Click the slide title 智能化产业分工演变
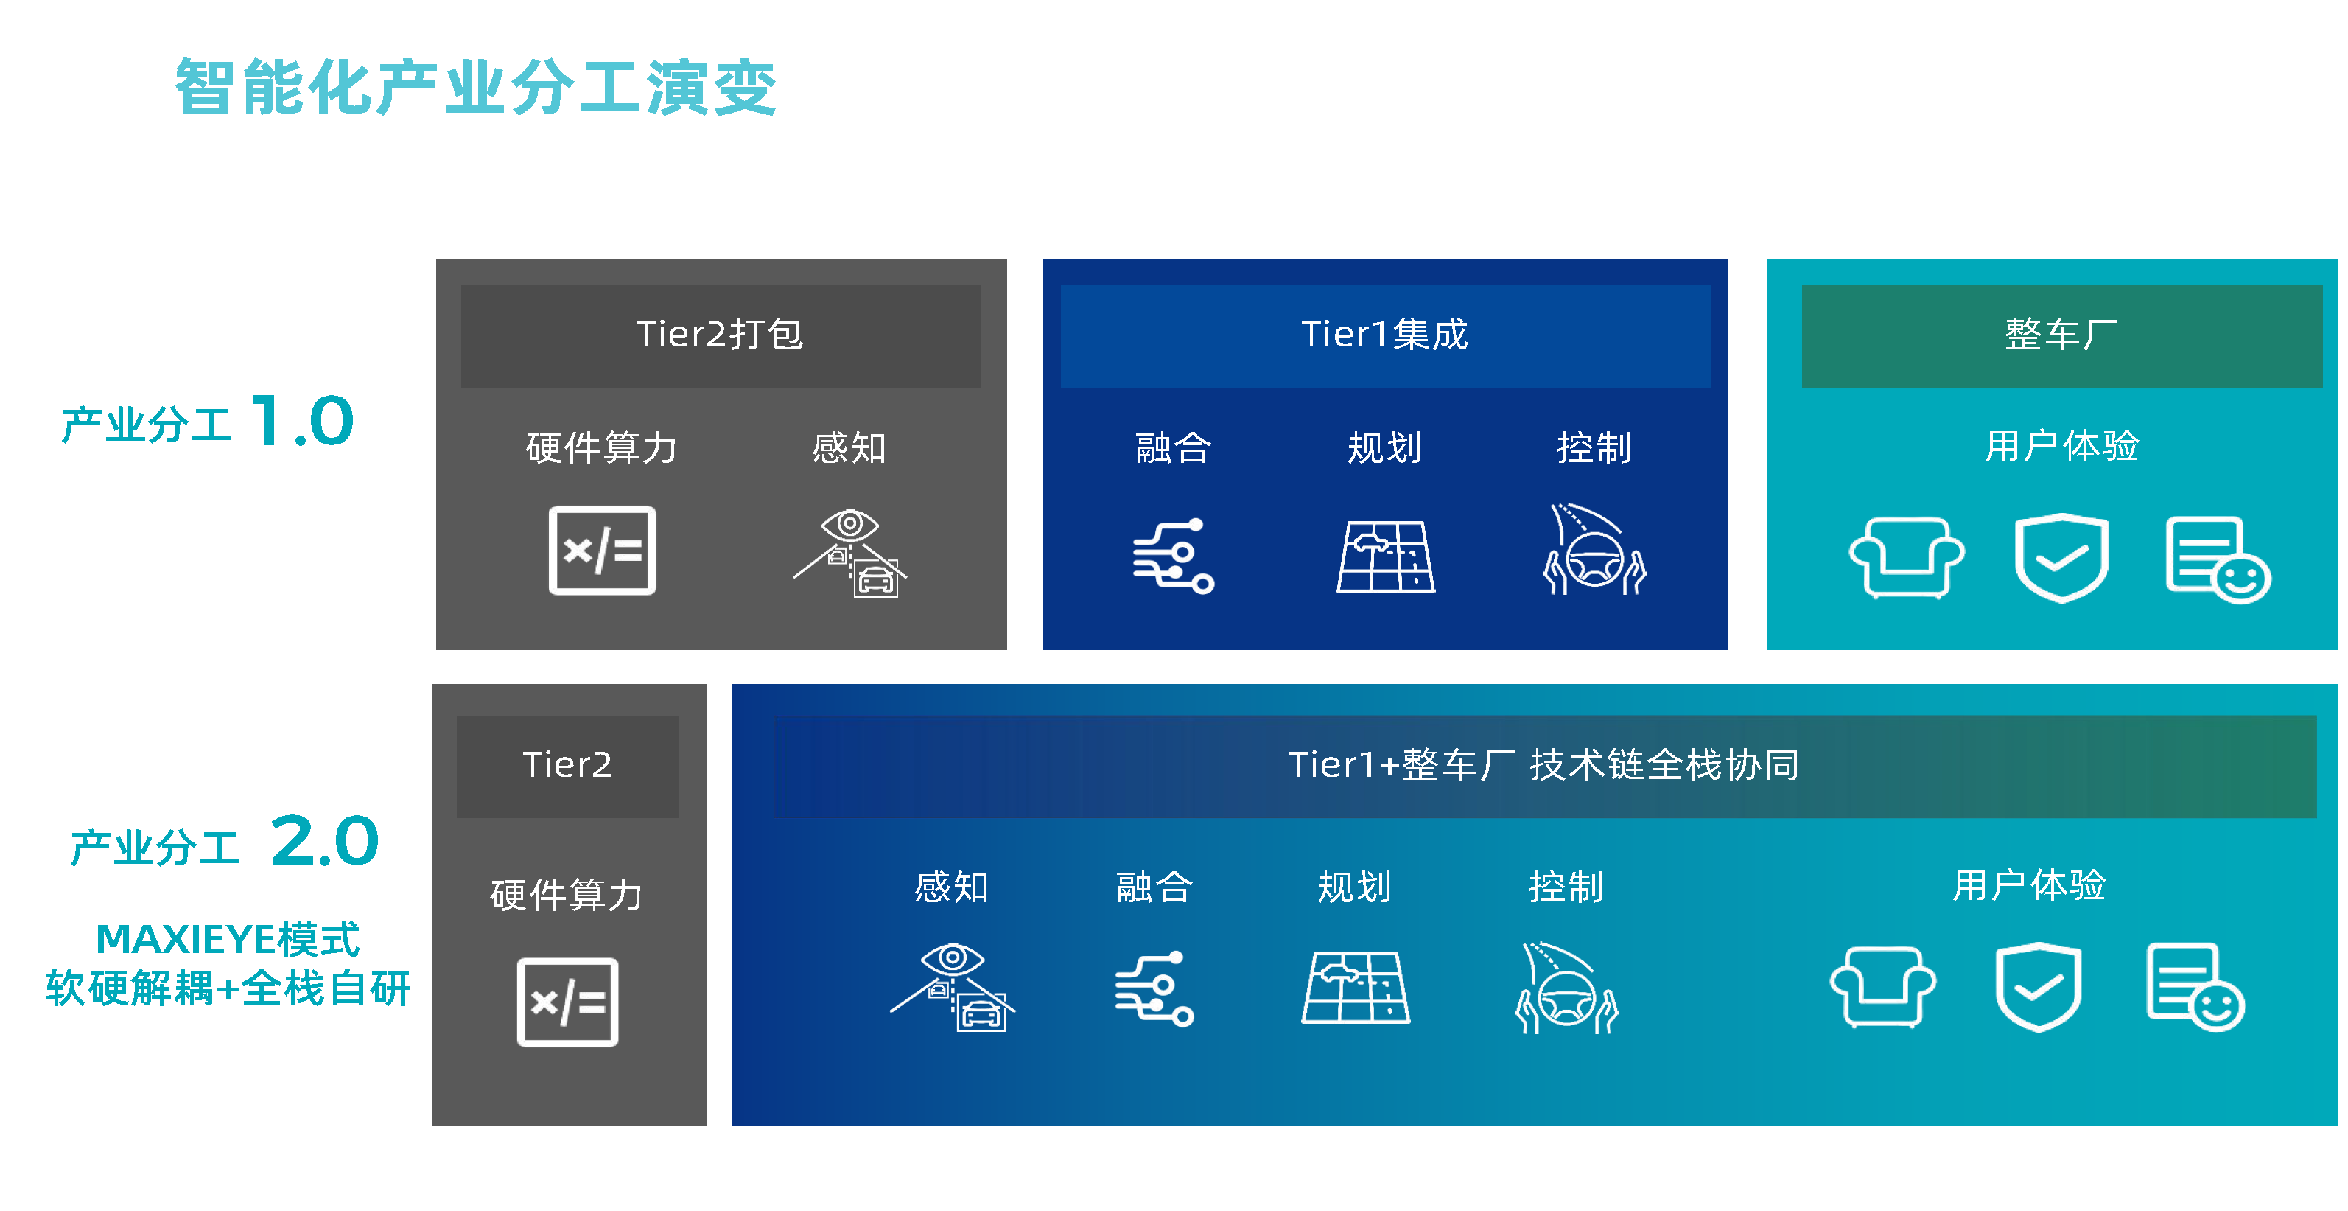475,88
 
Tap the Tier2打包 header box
721,335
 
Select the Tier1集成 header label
1384,335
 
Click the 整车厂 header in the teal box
2062,335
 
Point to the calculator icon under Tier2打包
603,551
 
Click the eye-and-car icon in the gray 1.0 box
850,553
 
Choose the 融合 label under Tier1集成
1173,447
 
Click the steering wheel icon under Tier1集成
1595,550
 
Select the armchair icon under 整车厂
1907,557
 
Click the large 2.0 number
324,841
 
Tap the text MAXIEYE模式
228,939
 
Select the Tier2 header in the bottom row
568,766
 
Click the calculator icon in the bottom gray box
568,1002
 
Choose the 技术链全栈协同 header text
1664,764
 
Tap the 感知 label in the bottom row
952,887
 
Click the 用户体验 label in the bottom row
2029,884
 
